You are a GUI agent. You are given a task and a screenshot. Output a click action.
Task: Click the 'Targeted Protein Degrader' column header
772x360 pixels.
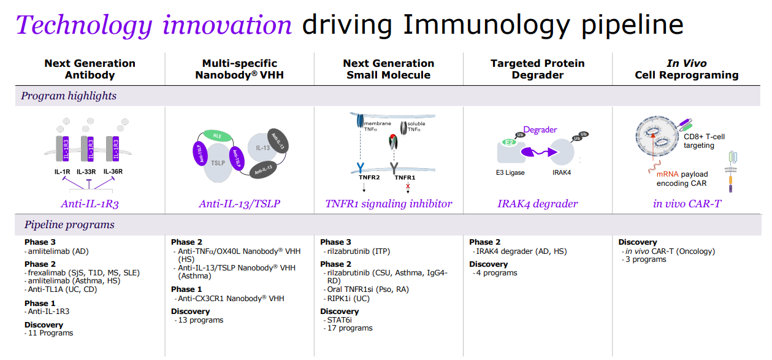tap(537, 69)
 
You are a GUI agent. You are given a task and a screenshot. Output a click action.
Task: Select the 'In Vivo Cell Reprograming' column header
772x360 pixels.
tap(687, 69)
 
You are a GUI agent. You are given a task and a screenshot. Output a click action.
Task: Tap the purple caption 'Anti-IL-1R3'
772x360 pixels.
tap(90, 204)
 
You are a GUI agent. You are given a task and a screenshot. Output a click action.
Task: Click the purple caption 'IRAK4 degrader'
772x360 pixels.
tap(537, 204)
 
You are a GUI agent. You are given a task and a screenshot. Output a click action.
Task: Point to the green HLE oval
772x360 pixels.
tap(218, 136)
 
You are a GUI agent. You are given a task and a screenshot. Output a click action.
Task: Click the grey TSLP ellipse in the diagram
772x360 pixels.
tap(217, 163)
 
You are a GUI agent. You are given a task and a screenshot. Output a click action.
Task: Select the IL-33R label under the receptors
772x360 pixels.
tap(86, 171)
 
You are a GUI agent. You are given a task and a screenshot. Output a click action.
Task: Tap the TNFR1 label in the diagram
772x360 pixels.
tap(405, 178)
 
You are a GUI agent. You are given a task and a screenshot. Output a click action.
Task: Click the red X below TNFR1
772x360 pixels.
tap(408, 186)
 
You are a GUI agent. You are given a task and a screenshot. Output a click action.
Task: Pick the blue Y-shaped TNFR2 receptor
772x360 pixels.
tap(361, 168)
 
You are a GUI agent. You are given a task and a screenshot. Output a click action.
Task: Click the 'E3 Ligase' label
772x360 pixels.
tap(510, 172)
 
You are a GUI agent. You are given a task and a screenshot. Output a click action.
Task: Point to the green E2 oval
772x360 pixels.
tap(509, 142)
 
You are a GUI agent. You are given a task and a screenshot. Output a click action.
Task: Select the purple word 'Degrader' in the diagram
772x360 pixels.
tap(540, 129)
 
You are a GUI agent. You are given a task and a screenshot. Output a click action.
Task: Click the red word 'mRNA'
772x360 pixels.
tap(667, 174)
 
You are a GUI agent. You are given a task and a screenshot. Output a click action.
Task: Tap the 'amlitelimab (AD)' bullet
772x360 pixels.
tap(57, 251)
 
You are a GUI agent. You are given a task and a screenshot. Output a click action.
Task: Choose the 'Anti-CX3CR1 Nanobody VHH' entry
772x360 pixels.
tap(230, 299)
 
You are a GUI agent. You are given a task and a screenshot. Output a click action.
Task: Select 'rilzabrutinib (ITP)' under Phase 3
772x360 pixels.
tap(357, 251)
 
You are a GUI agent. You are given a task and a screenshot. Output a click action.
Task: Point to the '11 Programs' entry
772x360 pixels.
tap(49, 333)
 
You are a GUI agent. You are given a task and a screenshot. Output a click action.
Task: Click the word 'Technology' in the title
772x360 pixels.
tap(84, 26)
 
